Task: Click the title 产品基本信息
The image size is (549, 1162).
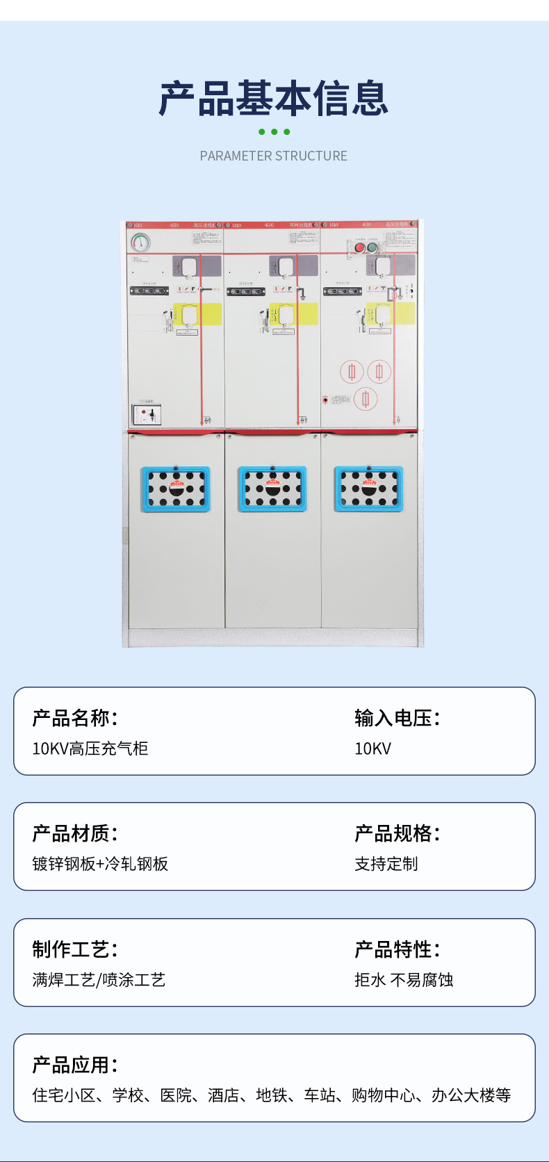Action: pos(274,98)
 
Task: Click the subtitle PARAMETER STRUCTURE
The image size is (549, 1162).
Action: pos(274,156)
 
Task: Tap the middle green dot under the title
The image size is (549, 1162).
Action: pos(274,132)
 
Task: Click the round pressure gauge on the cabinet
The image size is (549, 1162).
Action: pos(141,243)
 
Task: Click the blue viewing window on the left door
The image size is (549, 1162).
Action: pos(176,489)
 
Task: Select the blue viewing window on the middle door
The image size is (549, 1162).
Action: pos(272,489)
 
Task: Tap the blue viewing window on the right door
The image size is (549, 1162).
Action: pos(369,489)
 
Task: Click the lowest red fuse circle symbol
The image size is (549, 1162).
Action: pos(366,398)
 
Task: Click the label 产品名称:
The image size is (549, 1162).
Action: pos(75,718)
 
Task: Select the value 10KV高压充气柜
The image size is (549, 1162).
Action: pos(90,748)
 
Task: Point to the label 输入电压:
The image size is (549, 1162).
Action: pos(398,718)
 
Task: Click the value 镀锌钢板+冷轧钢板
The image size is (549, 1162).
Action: pos(100,864)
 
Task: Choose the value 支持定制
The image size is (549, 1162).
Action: pos(386,864)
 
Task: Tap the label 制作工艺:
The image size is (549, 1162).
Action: pos(75,949)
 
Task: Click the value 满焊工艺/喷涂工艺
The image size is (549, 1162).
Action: pos(99,980)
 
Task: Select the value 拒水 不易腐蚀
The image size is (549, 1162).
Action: pos(404,980)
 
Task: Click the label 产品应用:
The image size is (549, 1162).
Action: pos(75,1065)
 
